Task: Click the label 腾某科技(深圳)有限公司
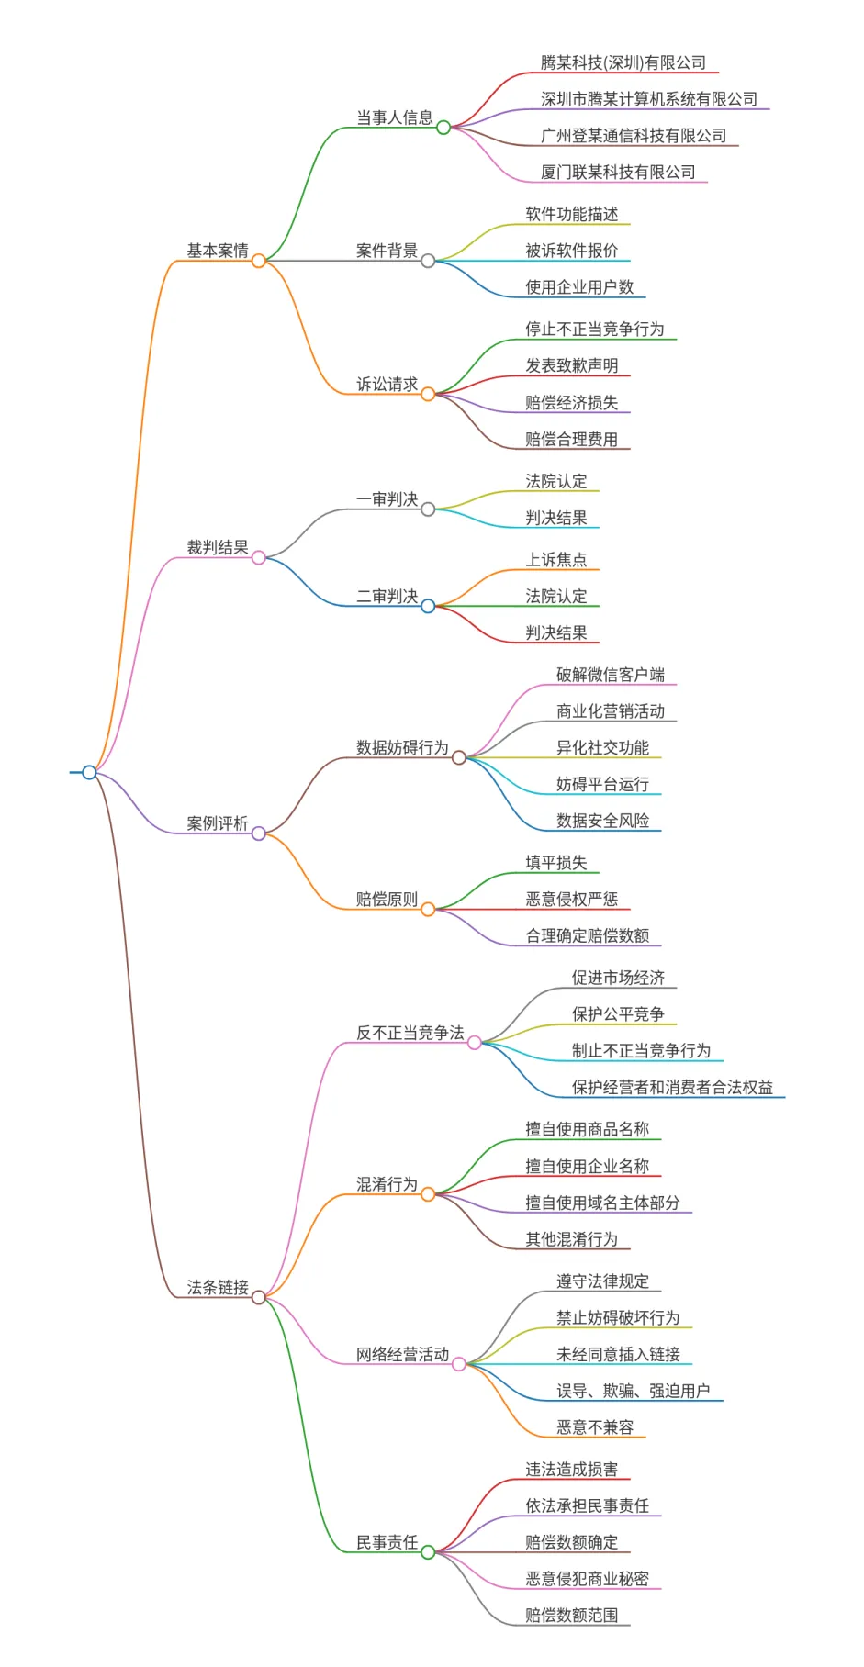[623, 62]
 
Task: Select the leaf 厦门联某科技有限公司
[618, 172]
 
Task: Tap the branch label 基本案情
[218, 251]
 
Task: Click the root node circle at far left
[89, 772]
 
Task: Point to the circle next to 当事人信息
[443, 128]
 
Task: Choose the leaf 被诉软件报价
[571, 251]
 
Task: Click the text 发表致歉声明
[571, 365]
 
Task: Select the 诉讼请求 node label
[387, 384]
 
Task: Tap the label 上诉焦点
[555, 559]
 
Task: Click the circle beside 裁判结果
[259, 557]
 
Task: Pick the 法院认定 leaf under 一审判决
[555, 481]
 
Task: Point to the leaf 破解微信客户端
[610, 675]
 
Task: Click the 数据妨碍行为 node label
[402, 747]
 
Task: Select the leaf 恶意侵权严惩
[571, 899]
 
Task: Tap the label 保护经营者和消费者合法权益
[672, 1087]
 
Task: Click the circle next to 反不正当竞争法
[475, 1043]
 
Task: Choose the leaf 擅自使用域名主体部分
[602, 1203]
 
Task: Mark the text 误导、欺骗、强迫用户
[633, 1391]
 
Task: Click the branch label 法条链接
[218, 1287]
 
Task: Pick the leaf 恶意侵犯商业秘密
[587, 1579]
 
